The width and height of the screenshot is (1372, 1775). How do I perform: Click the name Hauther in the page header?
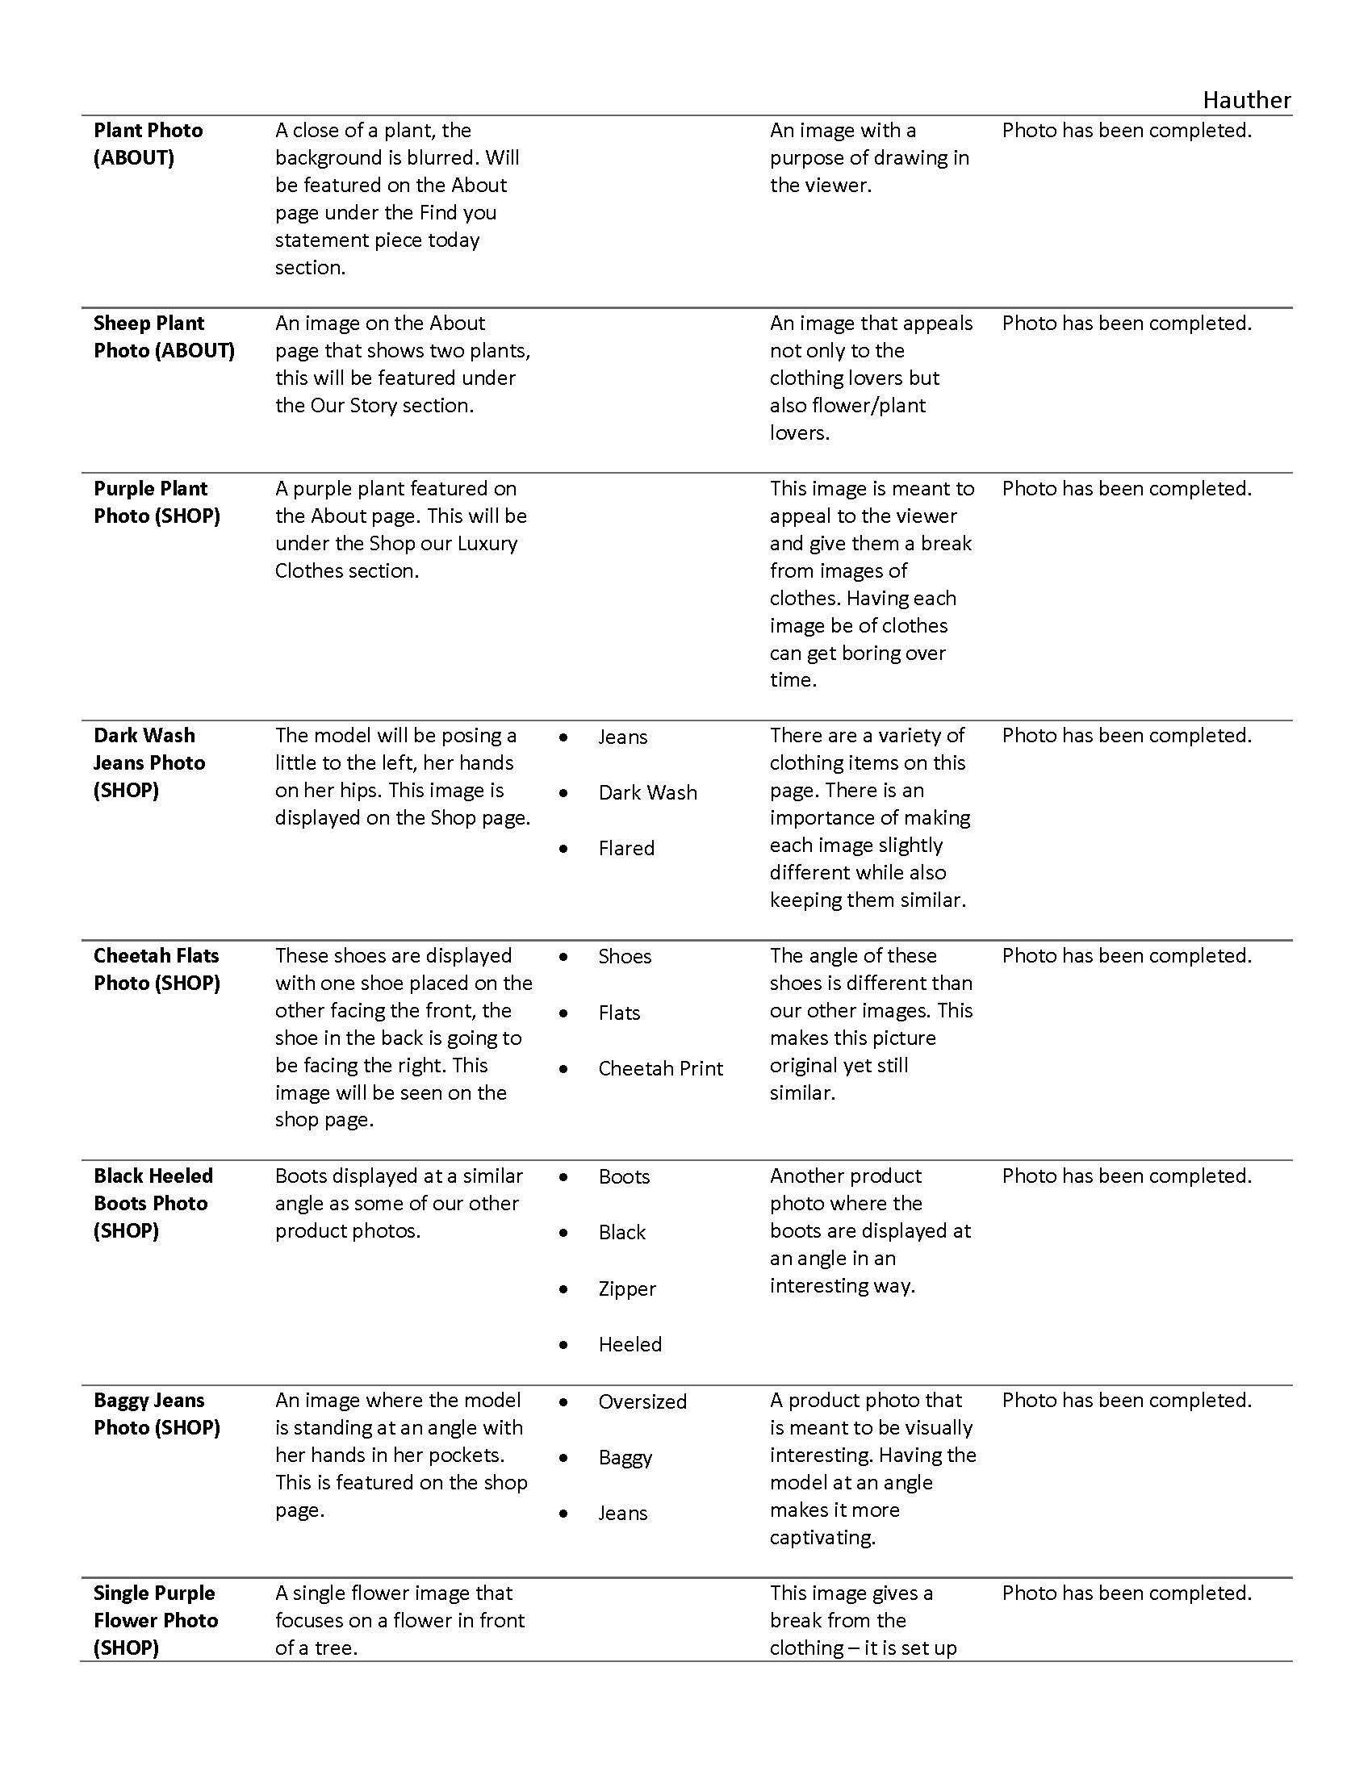[1246, 100]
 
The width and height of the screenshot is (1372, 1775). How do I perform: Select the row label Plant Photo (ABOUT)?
[148, 144]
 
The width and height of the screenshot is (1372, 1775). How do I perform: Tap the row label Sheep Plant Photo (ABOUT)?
[163, 336]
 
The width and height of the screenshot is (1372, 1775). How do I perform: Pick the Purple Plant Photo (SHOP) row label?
[156, 503]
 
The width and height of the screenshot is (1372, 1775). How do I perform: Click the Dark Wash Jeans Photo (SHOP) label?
[148, 762]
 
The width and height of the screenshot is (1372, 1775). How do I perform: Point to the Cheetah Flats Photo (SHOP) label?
[156, 969]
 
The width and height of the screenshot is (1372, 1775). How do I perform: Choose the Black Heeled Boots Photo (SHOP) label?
[153, 1203]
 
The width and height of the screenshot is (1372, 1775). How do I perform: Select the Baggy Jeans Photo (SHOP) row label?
[156, 1414]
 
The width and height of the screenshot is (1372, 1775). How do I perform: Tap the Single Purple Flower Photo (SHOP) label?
[155, 1620]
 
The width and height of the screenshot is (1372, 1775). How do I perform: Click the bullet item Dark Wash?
[647, 792]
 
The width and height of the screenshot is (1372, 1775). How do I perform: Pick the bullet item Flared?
[625, 848]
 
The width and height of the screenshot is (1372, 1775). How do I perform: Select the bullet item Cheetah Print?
[660, 1068]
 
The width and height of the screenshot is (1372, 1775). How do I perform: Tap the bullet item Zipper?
[626, 1288]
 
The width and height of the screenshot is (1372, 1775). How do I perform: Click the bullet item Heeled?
[630, 1344]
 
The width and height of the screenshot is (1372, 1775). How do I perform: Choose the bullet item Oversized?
[642, 1401]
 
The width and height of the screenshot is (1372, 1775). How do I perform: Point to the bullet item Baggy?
[625, 1457]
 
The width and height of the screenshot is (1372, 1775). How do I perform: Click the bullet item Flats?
[618, 1013]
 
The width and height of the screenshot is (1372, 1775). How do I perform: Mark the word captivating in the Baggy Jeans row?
[822, 1537]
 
